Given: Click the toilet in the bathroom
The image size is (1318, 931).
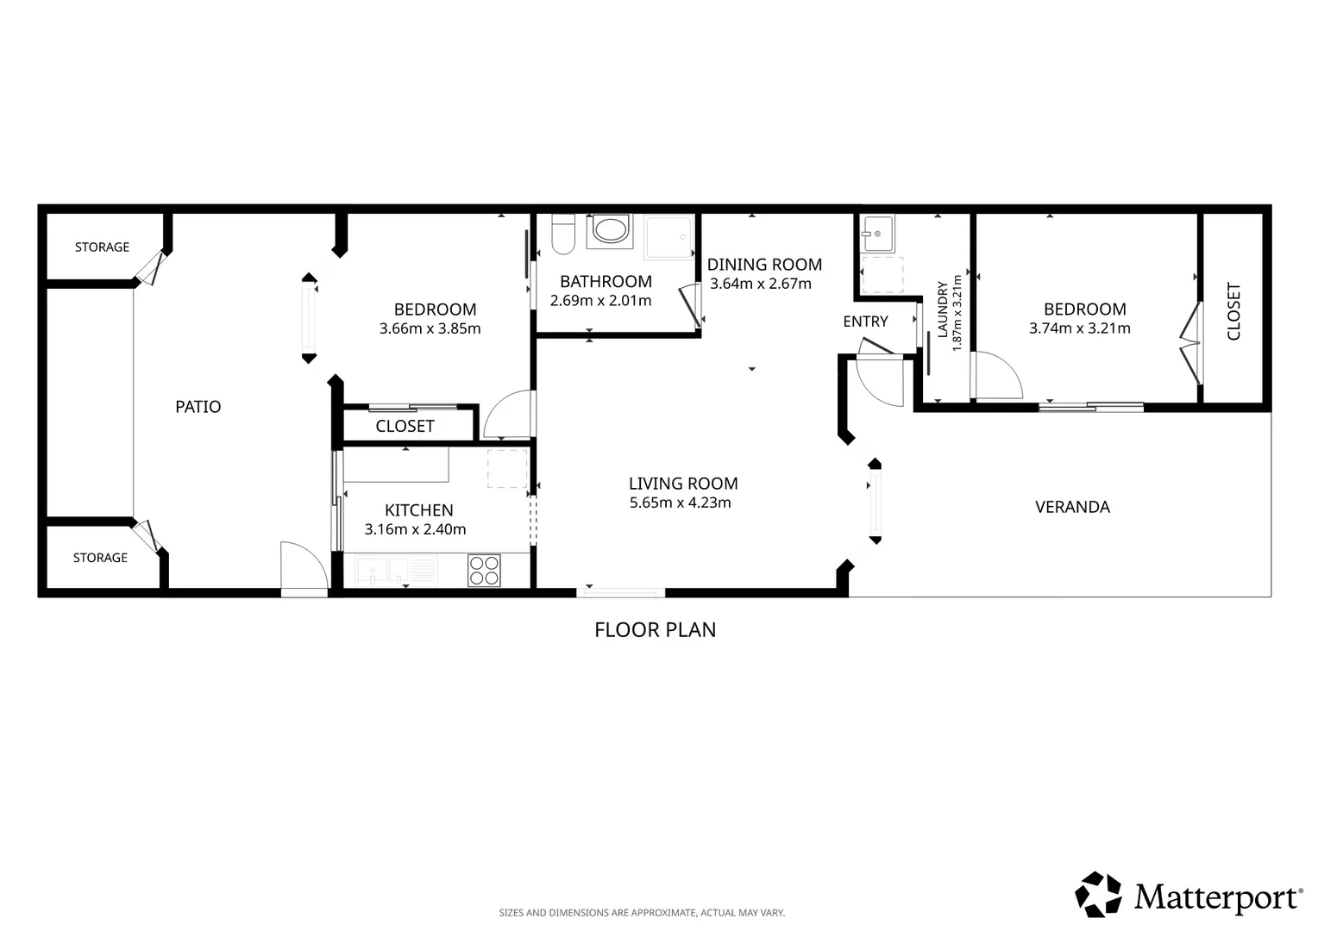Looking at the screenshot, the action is tap(563, 234).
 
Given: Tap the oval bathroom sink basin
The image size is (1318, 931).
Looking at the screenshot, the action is tap(611, 230).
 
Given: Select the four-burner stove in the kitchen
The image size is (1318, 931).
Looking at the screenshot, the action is tap(484, 571).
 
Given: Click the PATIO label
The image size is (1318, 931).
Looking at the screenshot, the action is tap(198, 406).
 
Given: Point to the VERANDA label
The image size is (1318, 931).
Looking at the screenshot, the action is tap(1073, 507).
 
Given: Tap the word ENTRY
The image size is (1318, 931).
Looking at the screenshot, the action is tap(865, 322).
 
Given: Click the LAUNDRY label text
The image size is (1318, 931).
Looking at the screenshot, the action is tap(943, 310).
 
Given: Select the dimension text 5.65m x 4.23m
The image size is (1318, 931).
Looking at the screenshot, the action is tap(681, 503).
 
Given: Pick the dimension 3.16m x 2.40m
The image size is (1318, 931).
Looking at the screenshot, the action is tap(416, 529).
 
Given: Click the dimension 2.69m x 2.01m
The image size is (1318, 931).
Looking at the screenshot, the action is tap(600, 301).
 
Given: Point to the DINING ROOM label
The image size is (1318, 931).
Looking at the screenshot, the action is tap(764, 265).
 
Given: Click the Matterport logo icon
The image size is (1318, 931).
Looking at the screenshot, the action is tap(1098, 895).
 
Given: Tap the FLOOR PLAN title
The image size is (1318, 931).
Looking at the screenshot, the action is tap(656, 630).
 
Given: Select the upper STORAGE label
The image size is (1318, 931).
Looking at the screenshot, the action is tap(103, 247).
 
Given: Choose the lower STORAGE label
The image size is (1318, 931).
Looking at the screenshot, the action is tap(101, 558).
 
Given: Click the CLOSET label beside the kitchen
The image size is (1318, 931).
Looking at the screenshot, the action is tap(405, 426).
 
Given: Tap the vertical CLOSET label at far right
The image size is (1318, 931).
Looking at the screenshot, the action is tap(1233, 311).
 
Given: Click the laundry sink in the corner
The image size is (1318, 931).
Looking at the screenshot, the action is tap(877, 233).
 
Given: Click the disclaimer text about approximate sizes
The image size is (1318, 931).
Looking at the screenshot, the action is tap(642, 913).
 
